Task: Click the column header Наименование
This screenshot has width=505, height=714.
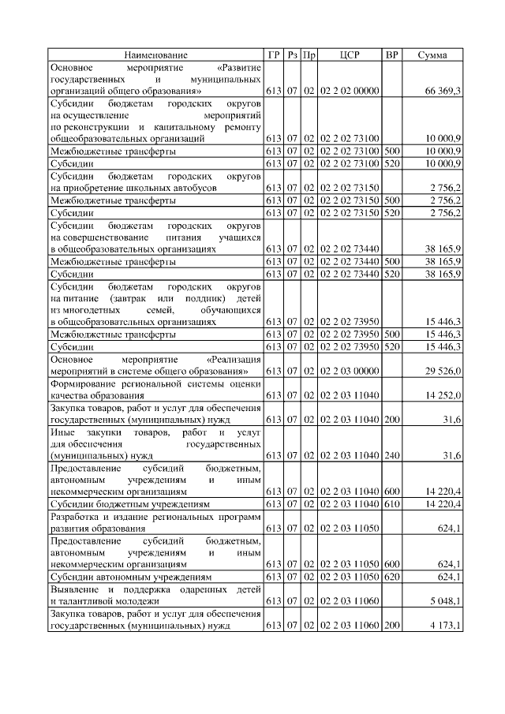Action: (x=155, y=55)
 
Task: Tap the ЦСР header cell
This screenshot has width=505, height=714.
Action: (x=350, y=55)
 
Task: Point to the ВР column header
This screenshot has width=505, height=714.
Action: (x=391, y=55)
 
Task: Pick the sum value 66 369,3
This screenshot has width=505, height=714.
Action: (x=443, y=92)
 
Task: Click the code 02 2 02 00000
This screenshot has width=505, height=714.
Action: (x=350, y=92)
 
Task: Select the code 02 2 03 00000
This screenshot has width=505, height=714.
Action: (x=350, y=371)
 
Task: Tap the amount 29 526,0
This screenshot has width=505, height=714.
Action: (x=443, y=371)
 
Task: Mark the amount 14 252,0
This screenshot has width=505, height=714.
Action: (x=443, y=395)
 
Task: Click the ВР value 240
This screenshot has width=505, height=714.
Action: (x=391, y=455)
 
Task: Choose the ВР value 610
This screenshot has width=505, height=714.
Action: (x=391, y=503)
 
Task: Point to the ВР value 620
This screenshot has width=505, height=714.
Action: (x=391, y=576)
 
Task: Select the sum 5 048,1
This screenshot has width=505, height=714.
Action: (x=443, y=600)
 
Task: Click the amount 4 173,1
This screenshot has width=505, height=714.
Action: (x=443, y=625)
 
